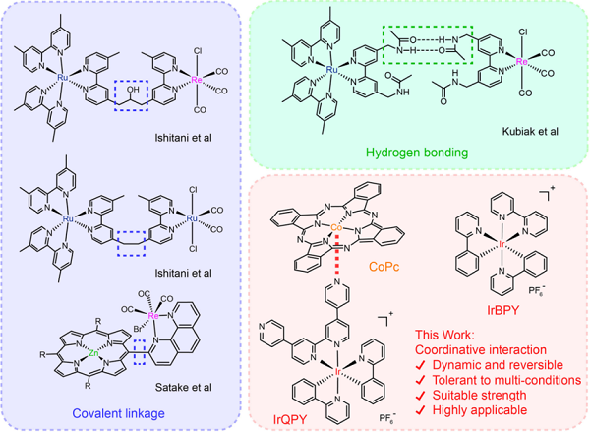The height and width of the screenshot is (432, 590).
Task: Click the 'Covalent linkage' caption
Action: [x=119, y=413]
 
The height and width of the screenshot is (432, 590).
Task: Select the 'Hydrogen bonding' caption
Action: [x=417, y=153]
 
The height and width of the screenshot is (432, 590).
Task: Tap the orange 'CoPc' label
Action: [x=384, y=267]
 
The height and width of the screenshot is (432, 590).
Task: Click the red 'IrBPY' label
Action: [x=503, y=310]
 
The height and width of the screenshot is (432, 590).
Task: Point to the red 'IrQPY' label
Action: [x=290, y=419]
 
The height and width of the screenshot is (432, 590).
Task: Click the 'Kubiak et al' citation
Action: [x=530, y=132]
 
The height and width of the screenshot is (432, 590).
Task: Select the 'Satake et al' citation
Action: [x=183, y=387]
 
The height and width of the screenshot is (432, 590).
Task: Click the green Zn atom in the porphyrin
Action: [x=93, y=353]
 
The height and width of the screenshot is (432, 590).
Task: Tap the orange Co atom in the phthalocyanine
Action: [x=336, y=228]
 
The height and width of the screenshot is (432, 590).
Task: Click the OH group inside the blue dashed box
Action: [x=133, y=90]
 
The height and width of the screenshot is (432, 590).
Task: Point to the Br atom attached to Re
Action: [x=138, y=329]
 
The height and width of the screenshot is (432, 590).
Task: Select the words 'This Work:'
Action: [x=442, y=335]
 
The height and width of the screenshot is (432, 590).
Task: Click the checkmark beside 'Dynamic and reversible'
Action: [x=421, y=365]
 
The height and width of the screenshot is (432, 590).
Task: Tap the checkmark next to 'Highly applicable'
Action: [x=421, y=410]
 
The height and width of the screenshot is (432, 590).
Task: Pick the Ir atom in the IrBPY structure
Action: [x=502, y=245]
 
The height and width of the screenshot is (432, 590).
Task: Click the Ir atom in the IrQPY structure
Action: [x=337, y=372]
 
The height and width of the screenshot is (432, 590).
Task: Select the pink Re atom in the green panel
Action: [x=521, y=61]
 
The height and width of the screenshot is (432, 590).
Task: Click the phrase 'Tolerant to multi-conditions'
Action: [x=506, y=380]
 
